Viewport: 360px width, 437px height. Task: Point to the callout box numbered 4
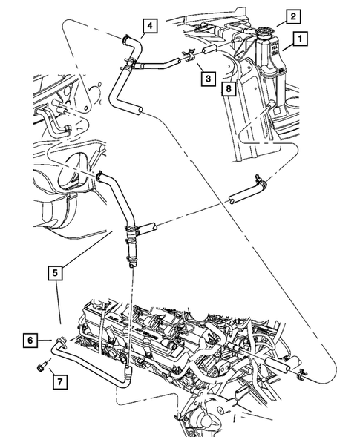[150, 27]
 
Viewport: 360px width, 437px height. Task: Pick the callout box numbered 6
[30, 340]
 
